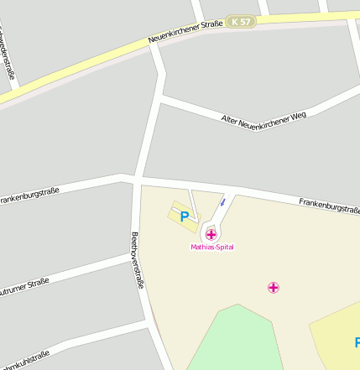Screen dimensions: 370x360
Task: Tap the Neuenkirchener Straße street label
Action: [x=185, y=32]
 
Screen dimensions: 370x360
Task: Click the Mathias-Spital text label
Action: [x=211, y=248]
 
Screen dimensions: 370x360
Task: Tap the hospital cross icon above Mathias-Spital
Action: [x=211, y=234]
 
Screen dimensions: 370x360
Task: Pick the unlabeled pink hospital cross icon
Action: [x=273, y=288]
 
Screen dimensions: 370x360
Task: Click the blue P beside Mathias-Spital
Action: [x=185, y=216]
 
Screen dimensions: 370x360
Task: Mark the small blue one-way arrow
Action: [x=222, y=202]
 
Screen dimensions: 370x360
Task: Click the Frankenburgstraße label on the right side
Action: [x=329, y=205]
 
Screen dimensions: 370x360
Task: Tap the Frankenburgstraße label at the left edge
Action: [x=29, y=196]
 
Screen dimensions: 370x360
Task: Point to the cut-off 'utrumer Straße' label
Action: [x=25, y=288]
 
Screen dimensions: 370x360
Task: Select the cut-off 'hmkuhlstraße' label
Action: [x=25, y=358]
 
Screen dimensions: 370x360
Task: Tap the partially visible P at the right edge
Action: [x=357, y=341]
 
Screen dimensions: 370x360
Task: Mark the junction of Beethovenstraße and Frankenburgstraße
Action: [x=134, y=179]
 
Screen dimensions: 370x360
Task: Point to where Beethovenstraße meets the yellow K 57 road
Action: [x=154, y=44]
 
